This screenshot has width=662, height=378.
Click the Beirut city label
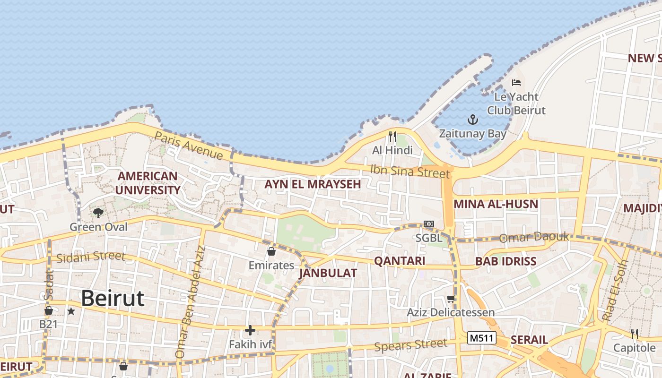(113, 299)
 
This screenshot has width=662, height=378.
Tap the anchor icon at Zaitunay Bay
(472, 120)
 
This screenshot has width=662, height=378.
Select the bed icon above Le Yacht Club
(516, 83)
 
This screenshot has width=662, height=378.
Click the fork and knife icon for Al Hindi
(392, 137)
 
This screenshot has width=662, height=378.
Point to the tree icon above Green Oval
(98, 213)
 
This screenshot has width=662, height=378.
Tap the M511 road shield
(482, 338)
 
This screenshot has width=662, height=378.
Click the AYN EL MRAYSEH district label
(313, 184)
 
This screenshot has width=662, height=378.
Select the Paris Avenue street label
(189, 146)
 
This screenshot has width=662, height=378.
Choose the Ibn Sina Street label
(409, 171)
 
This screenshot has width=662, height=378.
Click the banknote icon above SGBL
(429, 224)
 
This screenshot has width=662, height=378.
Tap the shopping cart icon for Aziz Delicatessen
(451, 299)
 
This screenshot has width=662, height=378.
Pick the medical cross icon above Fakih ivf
(250, 330)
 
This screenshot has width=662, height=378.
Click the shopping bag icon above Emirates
(271, 251)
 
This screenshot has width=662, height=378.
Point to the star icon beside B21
(71, 311)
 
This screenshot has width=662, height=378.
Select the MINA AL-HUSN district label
(496, 204)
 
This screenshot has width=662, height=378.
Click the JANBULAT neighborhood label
(328, 273)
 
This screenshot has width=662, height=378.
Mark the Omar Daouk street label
(534, 237)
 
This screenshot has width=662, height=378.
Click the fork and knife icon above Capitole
(635, 334)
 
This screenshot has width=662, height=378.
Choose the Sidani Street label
(91, 257)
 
